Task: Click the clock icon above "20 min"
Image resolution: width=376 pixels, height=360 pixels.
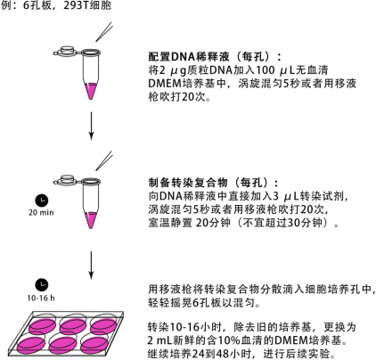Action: click(42, 200)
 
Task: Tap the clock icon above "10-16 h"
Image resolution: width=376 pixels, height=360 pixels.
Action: click(42, 285)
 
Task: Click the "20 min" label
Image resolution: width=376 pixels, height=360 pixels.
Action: click(41, 213)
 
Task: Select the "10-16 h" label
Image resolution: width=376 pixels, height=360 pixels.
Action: click(41, 298)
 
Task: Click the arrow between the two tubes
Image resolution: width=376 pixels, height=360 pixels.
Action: click(91, 126)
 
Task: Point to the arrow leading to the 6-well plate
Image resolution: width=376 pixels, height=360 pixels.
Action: click(91, 266)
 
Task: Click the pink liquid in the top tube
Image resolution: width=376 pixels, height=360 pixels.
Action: click(91, 91)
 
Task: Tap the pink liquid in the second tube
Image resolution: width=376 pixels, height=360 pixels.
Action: click(91, 220)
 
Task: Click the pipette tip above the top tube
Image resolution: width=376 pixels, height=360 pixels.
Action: click(104, 32)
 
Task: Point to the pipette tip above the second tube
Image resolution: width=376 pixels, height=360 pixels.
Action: click(104, 160)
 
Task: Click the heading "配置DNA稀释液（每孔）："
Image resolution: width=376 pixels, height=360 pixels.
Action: click(215, 56)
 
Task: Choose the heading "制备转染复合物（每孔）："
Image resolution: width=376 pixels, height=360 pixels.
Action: click(214, 183)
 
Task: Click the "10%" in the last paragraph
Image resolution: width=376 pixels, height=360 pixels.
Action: click(230, 340)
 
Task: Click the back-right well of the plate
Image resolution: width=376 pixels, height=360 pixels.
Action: click(103, 326)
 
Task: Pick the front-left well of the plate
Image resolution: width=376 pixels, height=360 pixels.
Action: click(31, 345)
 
